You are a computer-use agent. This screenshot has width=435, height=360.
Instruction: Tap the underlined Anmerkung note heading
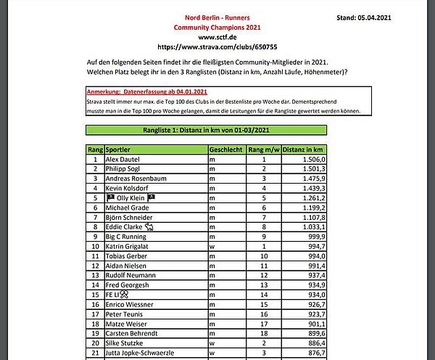146,93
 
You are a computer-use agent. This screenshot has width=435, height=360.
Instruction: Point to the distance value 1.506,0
310,159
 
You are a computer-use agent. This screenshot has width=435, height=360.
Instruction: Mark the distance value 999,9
313,237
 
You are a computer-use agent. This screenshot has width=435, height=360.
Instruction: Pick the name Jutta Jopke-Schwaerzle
145,353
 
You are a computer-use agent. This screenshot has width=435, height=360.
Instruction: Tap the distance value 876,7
313,353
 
